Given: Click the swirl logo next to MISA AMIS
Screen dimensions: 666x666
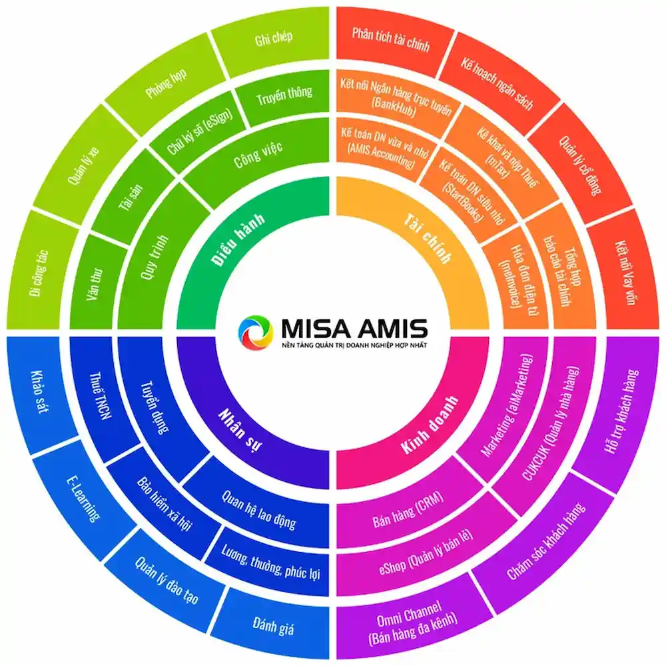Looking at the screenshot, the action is pos(255,333).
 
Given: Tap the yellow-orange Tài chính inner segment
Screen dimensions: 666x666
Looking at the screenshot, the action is pos(429,238).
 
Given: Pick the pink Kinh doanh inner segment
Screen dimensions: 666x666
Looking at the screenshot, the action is pos(429,429).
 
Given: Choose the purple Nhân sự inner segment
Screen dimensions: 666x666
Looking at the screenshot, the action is pos(238,429).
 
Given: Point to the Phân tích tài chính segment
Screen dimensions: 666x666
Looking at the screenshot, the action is pos(391,41).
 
